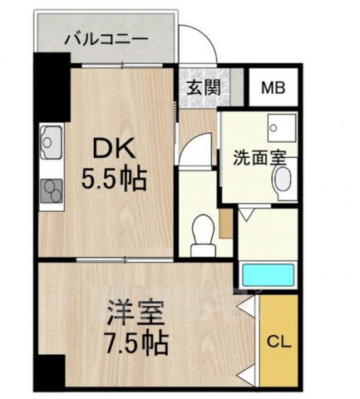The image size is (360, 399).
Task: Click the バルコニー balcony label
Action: coord(106,39)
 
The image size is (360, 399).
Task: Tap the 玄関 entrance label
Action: coord(204,87)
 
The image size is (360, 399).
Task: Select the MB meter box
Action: coord(274,87)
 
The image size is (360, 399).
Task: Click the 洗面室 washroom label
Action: coord(259,158)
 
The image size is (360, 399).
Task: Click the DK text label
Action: coord(114,148)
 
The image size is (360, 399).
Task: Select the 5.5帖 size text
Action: coord(114,180)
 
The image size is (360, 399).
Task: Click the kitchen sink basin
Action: coord(51,142)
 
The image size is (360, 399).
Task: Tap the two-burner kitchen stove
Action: coord(51,191)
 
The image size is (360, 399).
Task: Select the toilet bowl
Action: coord(203,236)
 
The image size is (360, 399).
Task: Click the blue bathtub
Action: coord(268,275)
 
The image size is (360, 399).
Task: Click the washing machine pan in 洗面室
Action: coord(282,127)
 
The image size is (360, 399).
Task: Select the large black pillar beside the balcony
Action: coord(52,86)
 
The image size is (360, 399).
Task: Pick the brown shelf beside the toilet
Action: coord(226,223)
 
